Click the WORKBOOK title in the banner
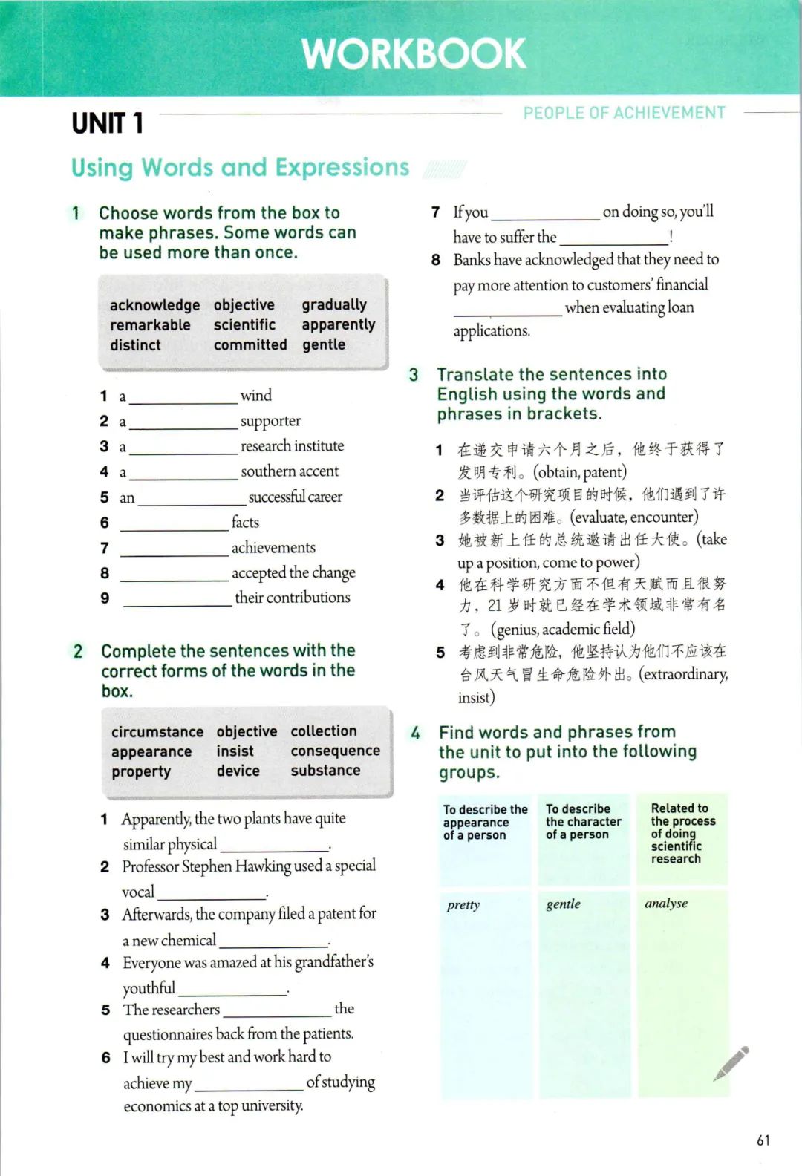pyautogui.click(x=414, y=53)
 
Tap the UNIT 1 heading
pyautogui.click(x=107, y=123)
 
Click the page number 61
pyautogui.click(x=763, y=1140)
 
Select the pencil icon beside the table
pyautogui.click(x=731, y=1063)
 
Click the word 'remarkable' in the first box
pyautogui.click(x=150, y=325)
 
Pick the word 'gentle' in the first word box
pyautogui.click(x=324, y=345)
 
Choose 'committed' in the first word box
pyautogui.click(x=250, y=345)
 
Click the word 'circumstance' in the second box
pyautogui.click(x=157, y=732)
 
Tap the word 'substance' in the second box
pyautogui.click(x=325, y=771)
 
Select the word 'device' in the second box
pyautogui.click(x=238, y=771)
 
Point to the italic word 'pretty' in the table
pyautogui.click(x=463, y=905)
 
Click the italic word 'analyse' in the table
pyautogui.click(x=666, y=904)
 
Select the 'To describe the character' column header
pyautogui.click(x=584, y=822)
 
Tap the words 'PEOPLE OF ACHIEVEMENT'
pyautogui.click(x=624, y=113)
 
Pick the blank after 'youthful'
pyautogui.click(x=233, y=990)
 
